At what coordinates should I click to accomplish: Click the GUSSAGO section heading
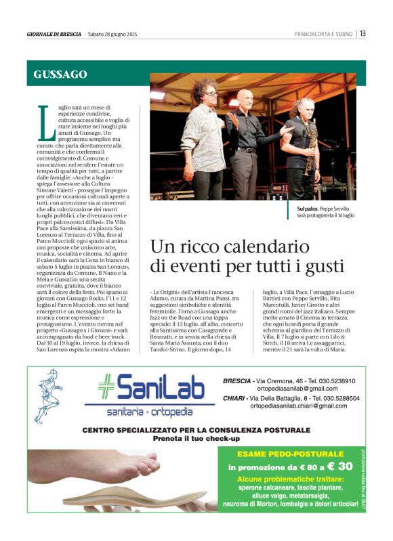pyautogui.click(x=60, y=74)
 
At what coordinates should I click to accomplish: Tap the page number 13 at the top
pyautogui.click(x=363, y=34)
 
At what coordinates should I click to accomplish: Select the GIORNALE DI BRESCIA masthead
pyautogui.click(x=54, y=34)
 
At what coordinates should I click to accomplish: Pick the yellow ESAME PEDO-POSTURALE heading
pyautogui.click(x=291, y=454)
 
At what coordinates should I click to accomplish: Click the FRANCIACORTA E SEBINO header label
pyautogui.click(x=324, y=34)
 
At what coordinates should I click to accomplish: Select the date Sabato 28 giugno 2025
pyautogui.click(x=112, y=34)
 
